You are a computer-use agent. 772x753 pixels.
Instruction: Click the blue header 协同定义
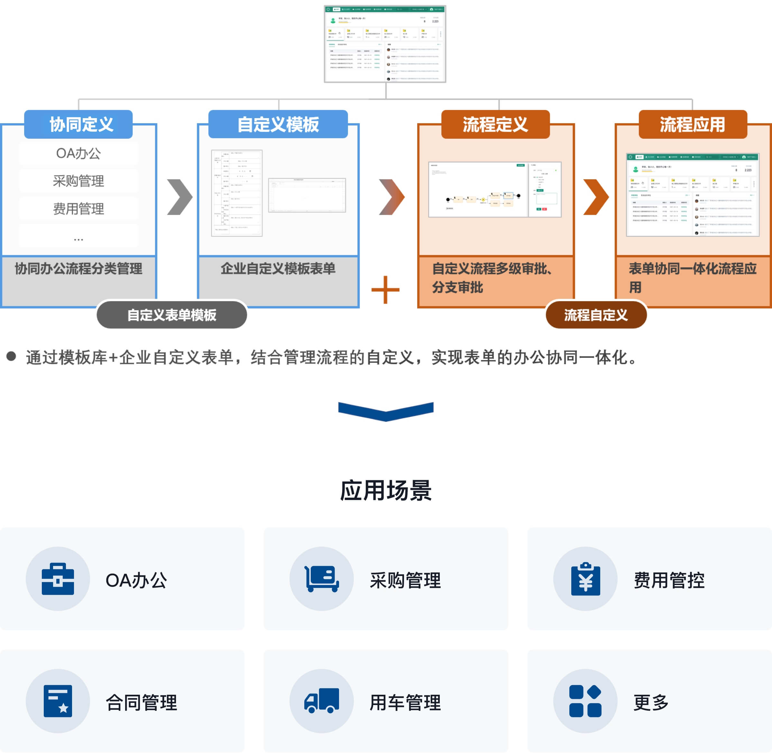point(78,125)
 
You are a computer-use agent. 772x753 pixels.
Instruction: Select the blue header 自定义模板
point(278,125)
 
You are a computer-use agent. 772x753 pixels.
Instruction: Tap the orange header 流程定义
point(495,125)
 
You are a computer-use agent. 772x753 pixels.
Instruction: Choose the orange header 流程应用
point(693,125)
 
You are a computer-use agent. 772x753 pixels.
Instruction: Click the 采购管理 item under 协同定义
point(78,181)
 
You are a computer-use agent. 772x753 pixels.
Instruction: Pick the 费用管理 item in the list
point(78,209)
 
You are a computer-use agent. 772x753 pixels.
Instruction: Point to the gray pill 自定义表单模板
point(171,315)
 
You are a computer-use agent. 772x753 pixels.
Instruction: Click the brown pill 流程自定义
point(596,315)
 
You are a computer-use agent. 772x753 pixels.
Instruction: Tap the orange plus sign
point(385,290)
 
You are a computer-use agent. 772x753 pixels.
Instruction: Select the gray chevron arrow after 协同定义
point(180,197)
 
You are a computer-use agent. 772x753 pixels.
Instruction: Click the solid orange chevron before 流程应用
point(596,197)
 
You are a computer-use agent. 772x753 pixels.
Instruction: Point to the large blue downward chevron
point(386,411)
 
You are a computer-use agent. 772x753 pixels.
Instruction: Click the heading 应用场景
point(386,490)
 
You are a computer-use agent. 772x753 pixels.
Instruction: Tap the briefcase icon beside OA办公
point(58,579)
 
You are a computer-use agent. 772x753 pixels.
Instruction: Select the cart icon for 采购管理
point(321,579)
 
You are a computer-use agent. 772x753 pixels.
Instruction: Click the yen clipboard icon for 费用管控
point(585,579)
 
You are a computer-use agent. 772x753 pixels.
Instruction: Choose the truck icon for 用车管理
point(321,701)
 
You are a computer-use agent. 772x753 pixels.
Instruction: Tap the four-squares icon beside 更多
point(585,701)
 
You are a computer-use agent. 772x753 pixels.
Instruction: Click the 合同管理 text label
point(142,702)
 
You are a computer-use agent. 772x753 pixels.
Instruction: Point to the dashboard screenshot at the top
point(385,44)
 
